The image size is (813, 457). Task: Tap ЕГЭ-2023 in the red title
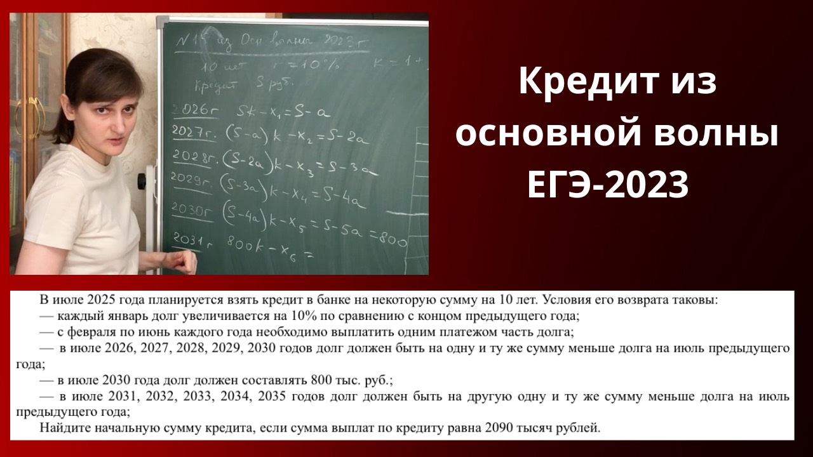pyautogui.click(x=608, y=185)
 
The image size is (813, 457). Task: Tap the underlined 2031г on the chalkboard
pyautogui.click(x=188, y=242)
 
